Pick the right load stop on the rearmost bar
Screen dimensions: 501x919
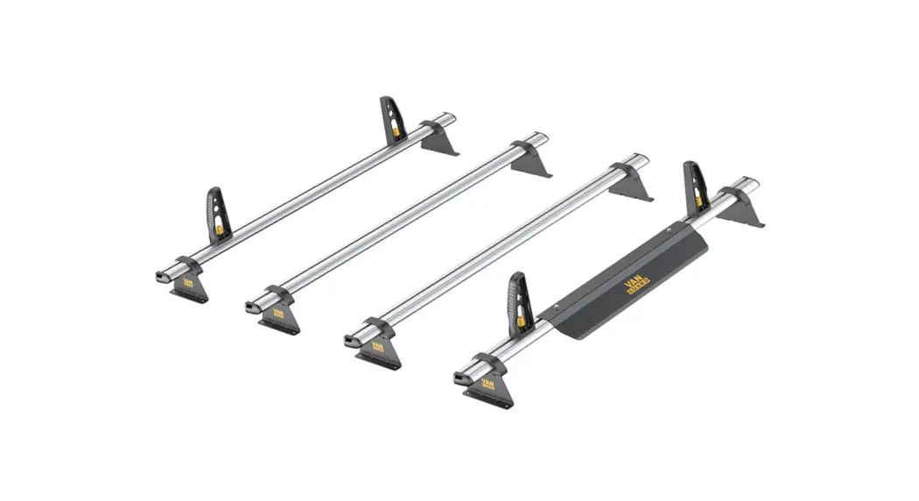pos(389,120)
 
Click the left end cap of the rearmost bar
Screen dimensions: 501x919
pos(160,274)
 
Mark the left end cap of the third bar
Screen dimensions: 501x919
pos(353,338)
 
